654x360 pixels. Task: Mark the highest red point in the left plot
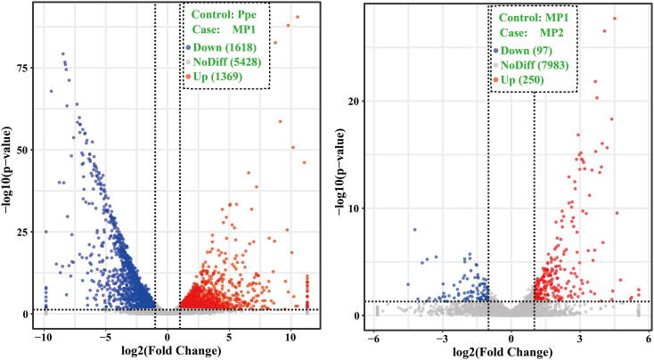pyautogui.click(x=298, y=17)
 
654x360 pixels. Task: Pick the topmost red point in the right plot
pyautogui.click(x=614, y=19)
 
